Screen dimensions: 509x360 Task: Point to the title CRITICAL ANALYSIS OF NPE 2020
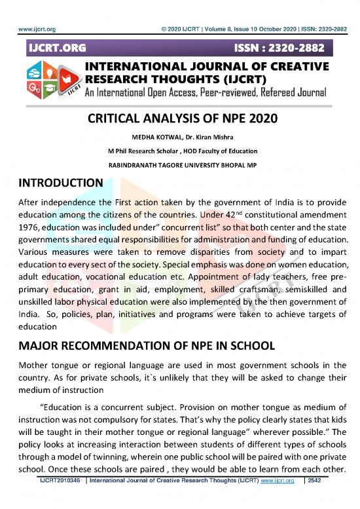click(180, 119)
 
